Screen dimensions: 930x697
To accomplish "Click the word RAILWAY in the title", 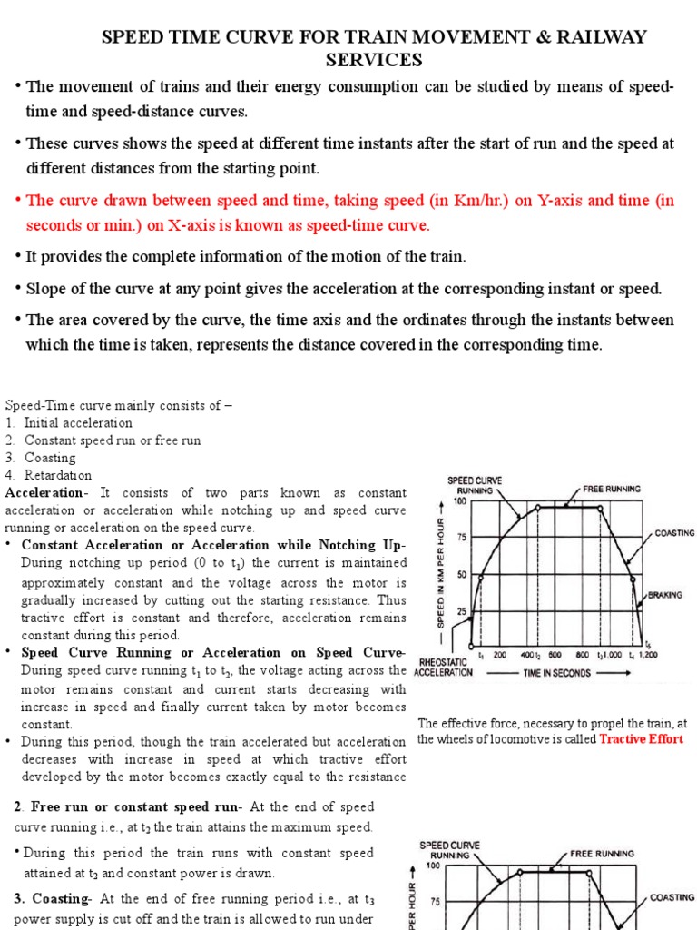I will tap(604, 37).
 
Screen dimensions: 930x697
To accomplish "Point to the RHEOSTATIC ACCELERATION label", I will tap(442, 667).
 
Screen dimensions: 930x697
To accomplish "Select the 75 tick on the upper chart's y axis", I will tap(460, 538).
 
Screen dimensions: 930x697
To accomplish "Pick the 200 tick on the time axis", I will tap(499, 655).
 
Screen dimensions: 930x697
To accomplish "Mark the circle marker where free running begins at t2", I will tap(538, 508).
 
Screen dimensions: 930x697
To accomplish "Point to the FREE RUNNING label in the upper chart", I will tap(611, 489).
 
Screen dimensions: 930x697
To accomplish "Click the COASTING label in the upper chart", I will tap(674, 533).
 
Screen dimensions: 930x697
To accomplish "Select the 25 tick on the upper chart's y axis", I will tap(460, 611).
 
